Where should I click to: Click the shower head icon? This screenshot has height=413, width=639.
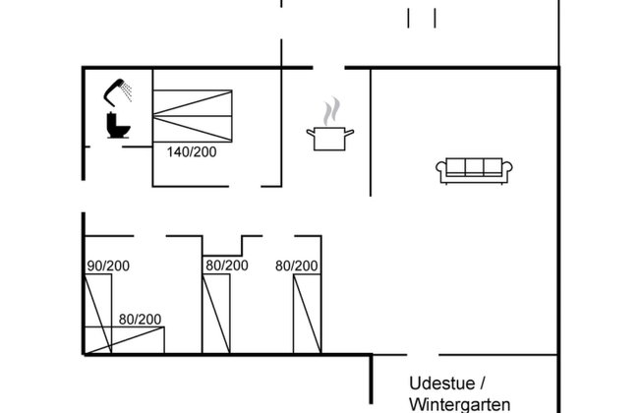point(112,91)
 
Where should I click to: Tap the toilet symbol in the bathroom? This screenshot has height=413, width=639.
point(118,125)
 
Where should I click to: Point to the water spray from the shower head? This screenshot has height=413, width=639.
point(128,91)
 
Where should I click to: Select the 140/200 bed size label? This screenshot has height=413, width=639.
point(192,152)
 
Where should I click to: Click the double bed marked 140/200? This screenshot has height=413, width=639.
point(193,116)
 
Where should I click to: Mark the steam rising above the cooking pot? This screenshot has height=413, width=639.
point(331,111)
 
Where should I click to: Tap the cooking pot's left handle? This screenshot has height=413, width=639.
point(311,133)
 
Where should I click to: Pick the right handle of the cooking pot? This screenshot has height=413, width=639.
point(349,133)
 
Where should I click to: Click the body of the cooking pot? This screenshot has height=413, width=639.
point(329,139)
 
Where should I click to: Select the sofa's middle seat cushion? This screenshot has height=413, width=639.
point(474,166)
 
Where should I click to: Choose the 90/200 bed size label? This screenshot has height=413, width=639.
point(108,265)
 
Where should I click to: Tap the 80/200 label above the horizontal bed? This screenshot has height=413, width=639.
point(140,320)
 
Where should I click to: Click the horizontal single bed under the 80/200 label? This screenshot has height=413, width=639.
point(124,340)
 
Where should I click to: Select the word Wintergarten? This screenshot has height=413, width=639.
point(460,405)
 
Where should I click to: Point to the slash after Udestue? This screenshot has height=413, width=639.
point(483,383)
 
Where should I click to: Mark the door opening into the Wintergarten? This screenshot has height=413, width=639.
point(423,355)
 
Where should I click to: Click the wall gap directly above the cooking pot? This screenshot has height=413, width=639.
point(329,67)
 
